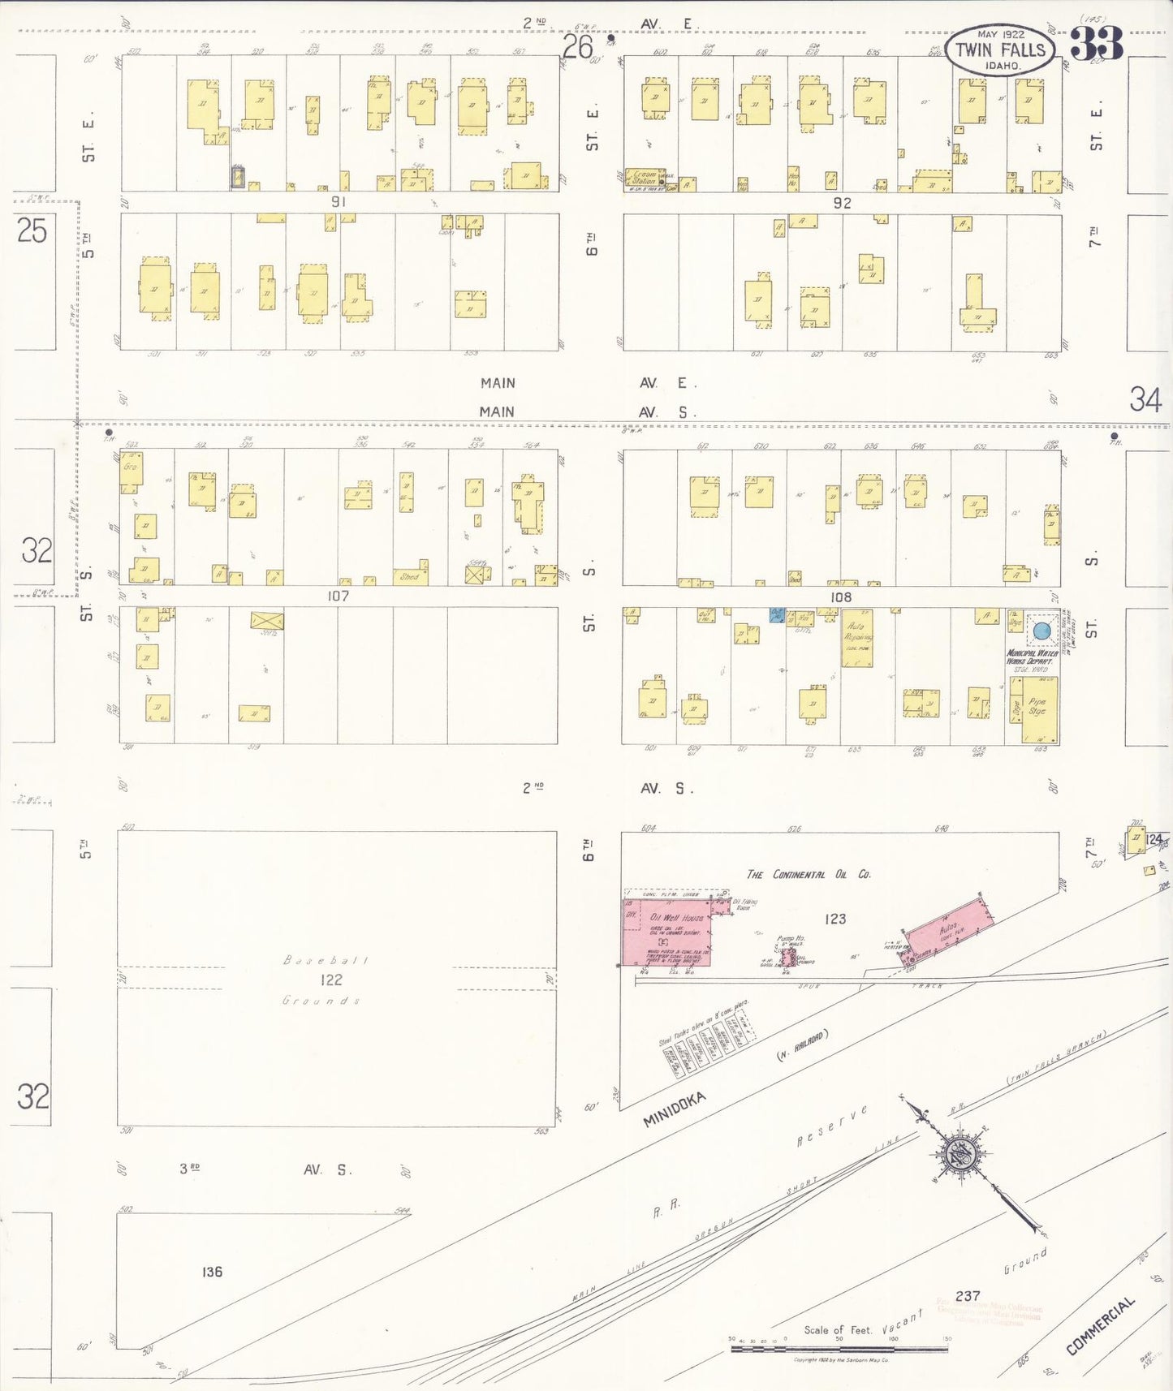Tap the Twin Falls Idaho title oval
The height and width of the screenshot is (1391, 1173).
pyautogui.click(x=1000, y=50)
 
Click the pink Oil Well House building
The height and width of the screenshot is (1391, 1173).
pyautogui.click(x=668, y=933)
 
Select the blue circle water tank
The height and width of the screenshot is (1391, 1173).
pyautogui.click(x=1042, y=631)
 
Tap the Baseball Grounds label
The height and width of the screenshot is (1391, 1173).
pyautogui.click(x=325, y=980)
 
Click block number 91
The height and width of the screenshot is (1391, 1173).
pyautogui.click(x=338, y=201)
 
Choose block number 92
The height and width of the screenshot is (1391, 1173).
pyautogui.click(x=841, y=203)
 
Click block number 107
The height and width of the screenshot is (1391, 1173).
pyautogui.click(x=338, y=596)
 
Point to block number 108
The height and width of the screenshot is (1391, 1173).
pyautogui.click(x=840, y=596)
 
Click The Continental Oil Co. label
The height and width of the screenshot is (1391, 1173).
pyautogui.click(x=809, y=874)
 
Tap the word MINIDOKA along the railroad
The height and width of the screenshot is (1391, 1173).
pyautogui.click(x=674, y=1109)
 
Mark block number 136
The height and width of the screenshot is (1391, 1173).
pyautogui.click(x=212, y=1272)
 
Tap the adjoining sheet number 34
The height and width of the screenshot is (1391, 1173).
pyautogui.click(x=1145, y=399)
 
